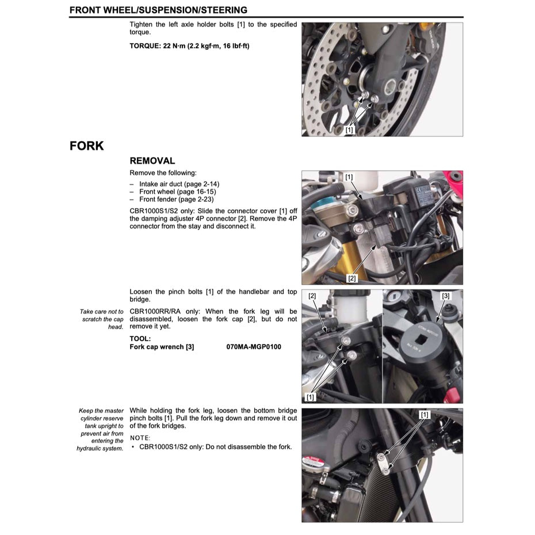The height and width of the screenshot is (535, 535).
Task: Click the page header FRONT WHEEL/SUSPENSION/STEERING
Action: pyautogui.click(x=158, y=10)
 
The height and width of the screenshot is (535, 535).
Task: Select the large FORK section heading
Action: pyautogui.click(x=87, y=146)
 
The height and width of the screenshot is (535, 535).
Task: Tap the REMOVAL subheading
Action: pyautogui.click(x=152, y=161)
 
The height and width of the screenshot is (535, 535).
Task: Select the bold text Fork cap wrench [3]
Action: pyautogui.click(x=162, y=347)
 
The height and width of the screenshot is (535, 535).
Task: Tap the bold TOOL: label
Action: pyautogui.click(x=140, y=339)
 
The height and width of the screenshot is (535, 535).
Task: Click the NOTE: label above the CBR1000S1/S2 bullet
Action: pyautogui.click(x=139, y=438)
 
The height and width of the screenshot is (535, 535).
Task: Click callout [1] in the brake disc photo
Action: pyautogui.click(x=349, y=131)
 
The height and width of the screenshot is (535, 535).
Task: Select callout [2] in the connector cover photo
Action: pyautogui.click(x=352, y=278)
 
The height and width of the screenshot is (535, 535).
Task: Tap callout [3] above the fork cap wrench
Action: pyautogui.click(x=446, y=296)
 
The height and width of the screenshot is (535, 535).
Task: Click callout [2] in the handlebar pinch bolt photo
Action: pyautogui.click(x=312, y=296)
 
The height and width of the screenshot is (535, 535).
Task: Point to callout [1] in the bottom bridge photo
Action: pyautogui.click(x=425, y=414)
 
